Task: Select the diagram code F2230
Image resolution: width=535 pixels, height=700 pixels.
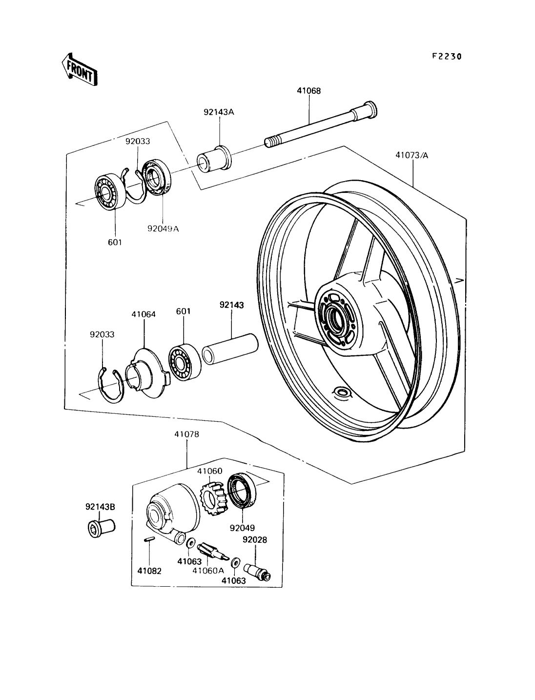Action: pos(446,57)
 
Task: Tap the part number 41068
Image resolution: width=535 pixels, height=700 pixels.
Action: pos(309,91)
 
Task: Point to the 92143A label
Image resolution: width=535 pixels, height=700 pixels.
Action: pos(219,112)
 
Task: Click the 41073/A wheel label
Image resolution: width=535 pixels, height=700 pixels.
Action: pos(412,156)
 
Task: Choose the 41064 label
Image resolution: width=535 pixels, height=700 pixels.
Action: pos(144,314)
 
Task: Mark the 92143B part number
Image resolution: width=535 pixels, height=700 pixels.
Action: pos(101,507)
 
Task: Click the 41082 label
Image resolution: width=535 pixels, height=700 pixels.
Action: pos(149,571)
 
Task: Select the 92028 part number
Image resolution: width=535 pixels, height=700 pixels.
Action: pos(255,540)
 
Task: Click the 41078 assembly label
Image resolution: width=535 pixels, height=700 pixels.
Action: pos(186,433)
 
